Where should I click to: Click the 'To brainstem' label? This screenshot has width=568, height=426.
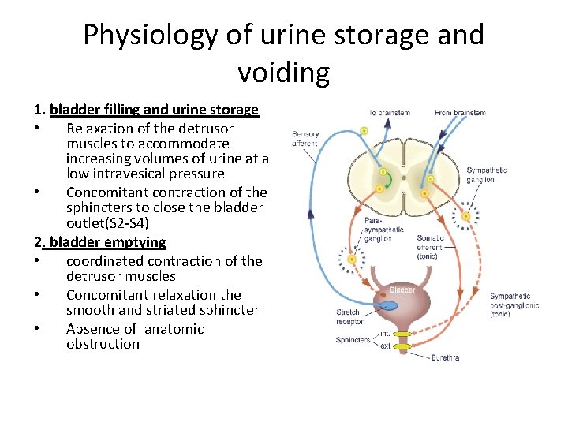(x=389, y=113)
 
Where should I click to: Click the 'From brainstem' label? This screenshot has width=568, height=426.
(x=460, y=113)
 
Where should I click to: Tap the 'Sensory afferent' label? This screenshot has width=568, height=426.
(x=305, y=139)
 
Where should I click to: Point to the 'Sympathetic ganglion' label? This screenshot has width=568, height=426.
(x=487, y=175)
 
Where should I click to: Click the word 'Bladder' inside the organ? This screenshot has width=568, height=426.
(x=402, y=290)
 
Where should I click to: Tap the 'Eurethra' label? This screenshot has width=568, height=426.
(x=445, y=357)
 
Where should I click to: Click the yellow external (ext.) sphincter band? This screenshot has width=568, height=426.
(x=403, y=346)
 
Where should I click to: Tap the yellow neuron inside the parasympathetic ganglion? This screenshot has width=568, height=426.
(x=352, y=259)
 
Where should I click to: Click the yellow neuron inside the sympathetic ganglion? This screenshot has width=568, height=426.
(x=468, y=215)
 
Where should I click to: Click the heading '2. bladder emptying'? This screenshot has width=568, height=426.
(x=100, y=242)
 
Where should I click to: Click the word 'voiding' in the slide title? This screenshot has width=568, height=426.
(x=283, y=73)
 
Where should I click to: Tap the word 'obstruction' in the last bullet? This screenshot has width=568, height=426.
(x=103, y=344)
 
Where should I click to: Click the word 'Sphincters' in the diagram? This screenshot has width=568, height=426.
(x=353, y=340)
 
